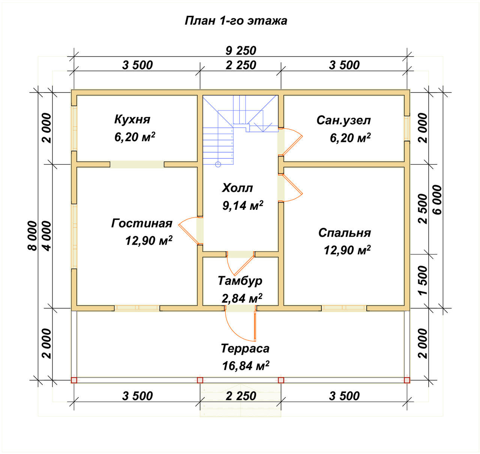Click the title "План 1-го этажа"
(x=235, y=21)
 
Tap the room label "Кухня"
(x=132, y=119)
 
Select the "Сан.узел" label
(x=343, y=120)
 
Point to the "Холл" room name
(x=237, y=188)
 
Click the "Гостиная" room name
(x=142, y=223)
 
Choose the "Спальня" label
(x=345, y=233)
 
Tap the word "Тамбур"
(x=240, y=281)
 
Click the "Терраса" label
(x=245, y=348)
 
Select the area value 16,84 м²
(x=246, y=366)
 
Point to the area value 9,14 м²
(x=243, y=205)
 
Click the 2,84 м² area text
(x=242, y=298)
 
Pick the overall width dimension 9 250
(x=241, y=51)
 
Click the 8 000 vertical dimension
(x=33, y=236)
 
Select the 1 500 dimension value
(x=423, y=280)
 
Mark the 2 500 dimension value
(x=423, y=209)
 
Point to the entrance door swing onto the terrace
(x=240, y=325)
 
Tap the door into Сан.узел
(x=291, y=142)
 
